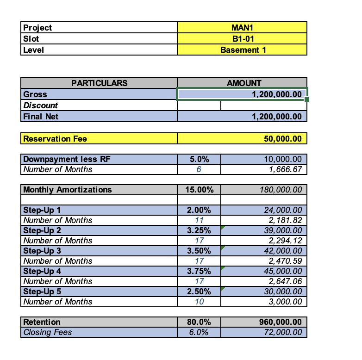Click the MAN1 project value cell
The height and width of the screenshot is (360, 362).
(x=242, y=27)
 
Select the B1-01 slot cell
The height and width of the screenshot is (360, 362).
(x=242, y=38)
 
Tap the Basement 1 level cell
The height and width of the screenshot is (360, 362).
(x=242, y=50)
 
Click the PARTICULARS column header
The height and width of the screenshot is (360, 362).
(x=99, y=83)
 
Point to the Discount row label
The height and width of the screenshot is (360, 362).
(x=41, y=106)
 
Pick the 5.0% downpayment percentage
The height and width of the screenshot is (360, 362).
(x=199, y=159)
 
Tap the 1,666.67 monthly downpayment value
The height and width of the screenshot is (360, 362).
(x=282, y=169)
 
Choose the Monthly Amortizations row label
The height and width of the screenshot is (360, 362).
(x=68, y=190)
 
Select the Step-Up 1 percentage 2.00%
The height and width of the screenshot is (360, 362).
(x=199, y=210)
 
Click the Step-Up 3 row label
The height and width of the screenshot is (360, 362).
(x=42, y=251)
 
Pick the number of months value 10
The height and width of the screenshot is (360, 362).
(x=199, y=302)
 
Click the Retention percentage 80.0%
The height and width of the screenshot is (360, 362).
(x=199, y=322)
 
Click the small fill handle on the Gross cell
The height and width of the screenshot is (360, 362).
(x=307, y=99)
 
